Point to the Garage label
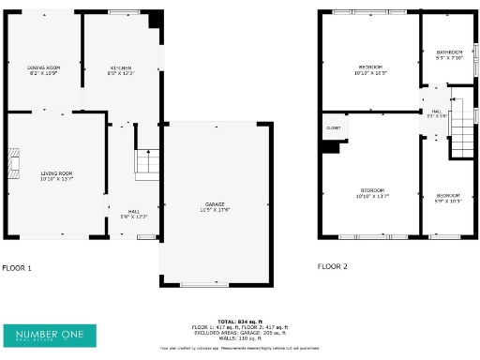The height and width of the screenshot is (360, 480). click(x=217, y=206)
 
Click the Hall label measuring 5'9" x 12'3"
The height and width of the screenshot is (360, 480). click(x=135, y=213)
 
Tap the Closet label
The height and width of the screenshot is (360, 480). click(x=333, y=127)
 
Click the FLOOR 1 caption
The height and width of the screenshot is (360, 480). click(x=17, y=267)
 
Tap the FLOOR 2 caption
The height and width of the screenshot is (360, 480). click(x=332, y=267)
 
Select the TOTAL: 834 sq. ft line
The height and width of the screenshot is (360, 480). click(x=239, y=321)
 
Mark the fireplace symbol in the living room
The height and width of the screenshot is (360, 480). click(x=14, y=163)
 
